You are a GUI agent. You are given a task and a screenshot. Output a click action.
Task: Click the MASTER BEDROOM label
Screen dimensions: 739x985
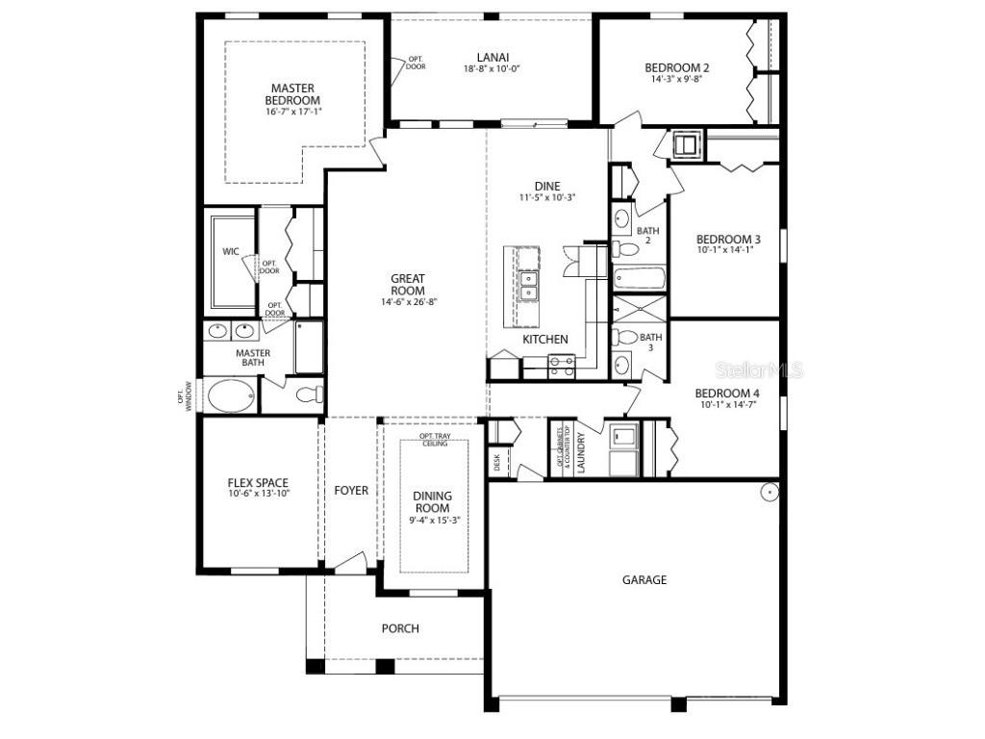(292, 94)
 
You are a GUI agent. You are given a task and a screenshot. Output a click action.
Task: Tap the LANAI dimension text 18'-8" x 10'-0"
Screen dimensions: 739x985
(492, 69)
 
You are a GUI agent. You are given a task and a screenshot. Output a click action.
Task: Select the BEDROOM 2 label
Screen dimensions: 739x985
(676, 67)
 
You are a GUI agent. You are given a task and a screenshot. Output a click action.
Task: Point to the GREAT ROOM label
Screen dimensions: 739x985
(407, 285)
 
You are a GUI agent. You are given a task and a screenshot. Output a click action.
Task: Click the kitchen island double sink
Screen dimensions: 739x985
(528, 285)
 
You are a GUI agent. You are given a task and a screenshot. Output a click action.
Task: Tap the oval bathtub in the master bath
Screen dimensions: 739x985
(231, 395)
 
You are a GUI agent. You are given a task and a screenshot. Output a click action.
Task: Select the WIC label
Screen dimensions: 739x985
(231, 251)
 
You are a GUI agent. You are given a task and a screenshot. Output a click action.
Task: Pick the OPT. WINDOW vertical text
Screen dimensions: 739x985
(190, 395)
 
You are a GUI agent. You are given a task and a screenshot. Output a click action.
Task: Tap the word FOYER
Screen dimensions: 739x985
(351, 491)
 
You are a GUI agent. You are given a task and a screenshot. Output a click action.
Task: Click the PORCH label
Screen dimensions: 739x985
(400, 628)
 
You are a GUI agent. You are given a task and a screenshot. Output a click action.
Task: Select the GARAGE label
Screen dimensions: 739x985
(644, 580)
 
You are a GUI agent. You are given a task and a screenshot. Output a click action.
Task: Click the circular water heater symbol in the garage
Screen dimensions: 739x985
(769, 492)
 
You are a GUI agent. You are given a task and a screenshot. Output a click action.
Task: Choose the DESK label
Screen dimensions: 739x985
(496, 462)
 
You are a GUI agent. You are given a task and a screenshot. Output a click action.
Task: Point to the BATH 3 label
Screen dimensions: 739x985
(651, 343)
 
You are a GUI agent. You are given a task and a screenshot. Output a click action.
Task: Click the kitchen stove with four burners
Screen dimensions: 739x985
(562, 364)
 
